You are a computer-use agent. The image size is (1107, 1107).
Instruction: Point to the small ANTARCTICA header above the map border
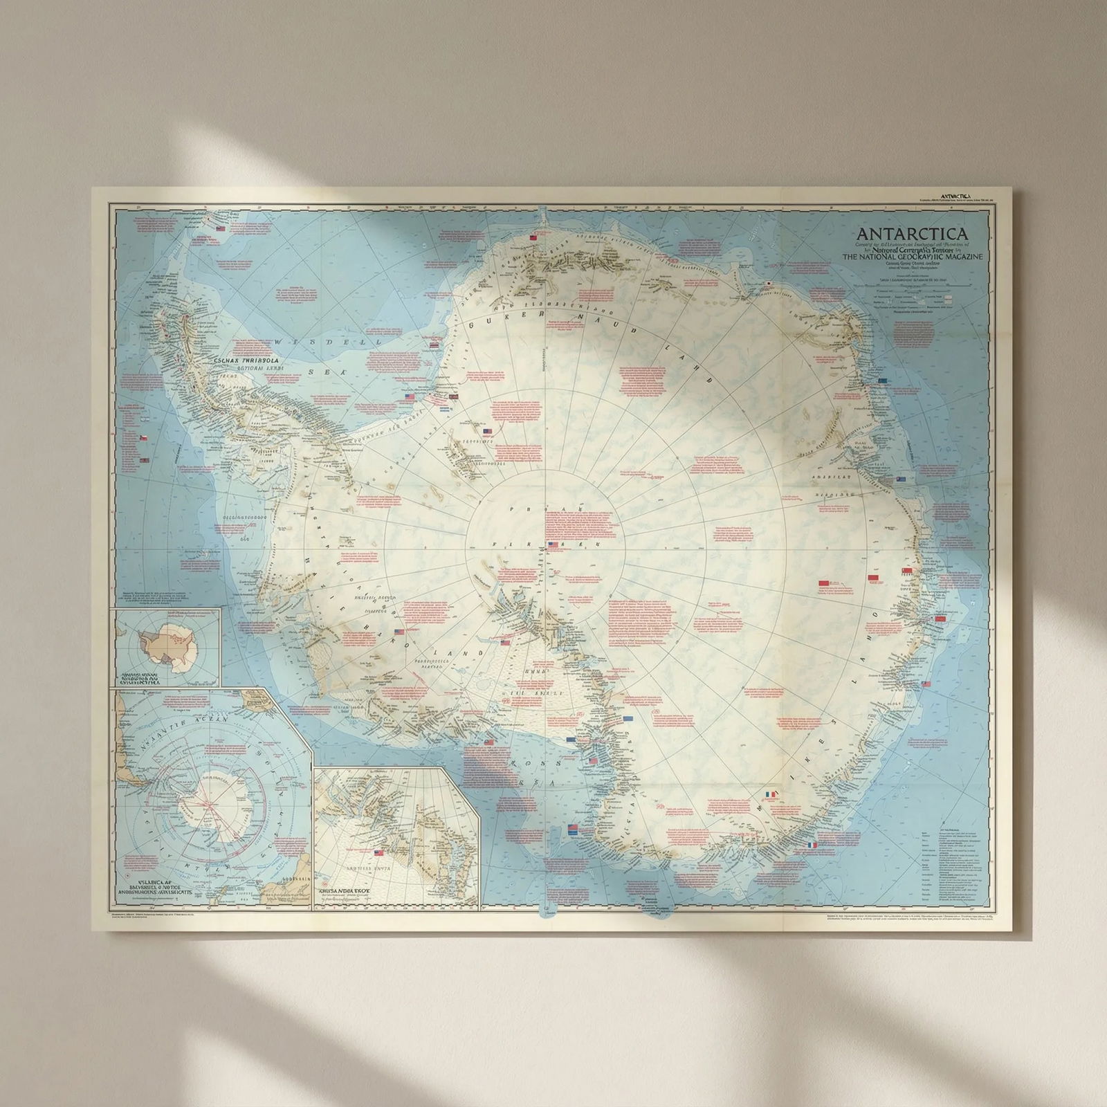pyautogui.click(x=954, y=196)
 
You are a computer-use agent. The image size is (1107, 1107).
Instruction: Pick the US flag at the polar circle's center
pyautogui.click(x=552, y=545)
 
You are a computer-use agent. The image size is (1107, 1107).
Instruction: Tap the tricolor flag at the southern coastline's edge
pyautogui.click(x=812, y=845)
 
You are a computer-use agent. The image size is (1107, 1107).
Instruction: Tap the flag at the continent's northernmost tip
pyautogui.click(x=533, y=237)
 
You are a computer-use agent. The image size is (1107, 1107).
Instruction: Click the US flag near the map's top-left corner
pyautogui.click(x=221, y=229)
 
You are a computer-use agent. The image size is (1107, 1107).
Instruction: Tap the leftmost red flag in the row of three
pyautogui.click(x=823, y=584)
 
